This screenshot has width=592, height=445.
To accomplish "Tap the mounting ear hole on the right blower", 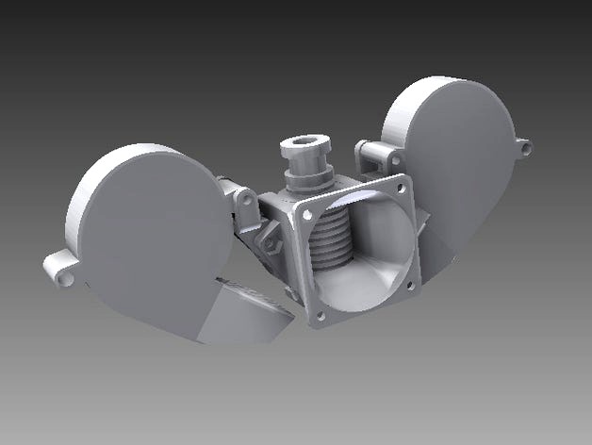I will click(x=524, y=146).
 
